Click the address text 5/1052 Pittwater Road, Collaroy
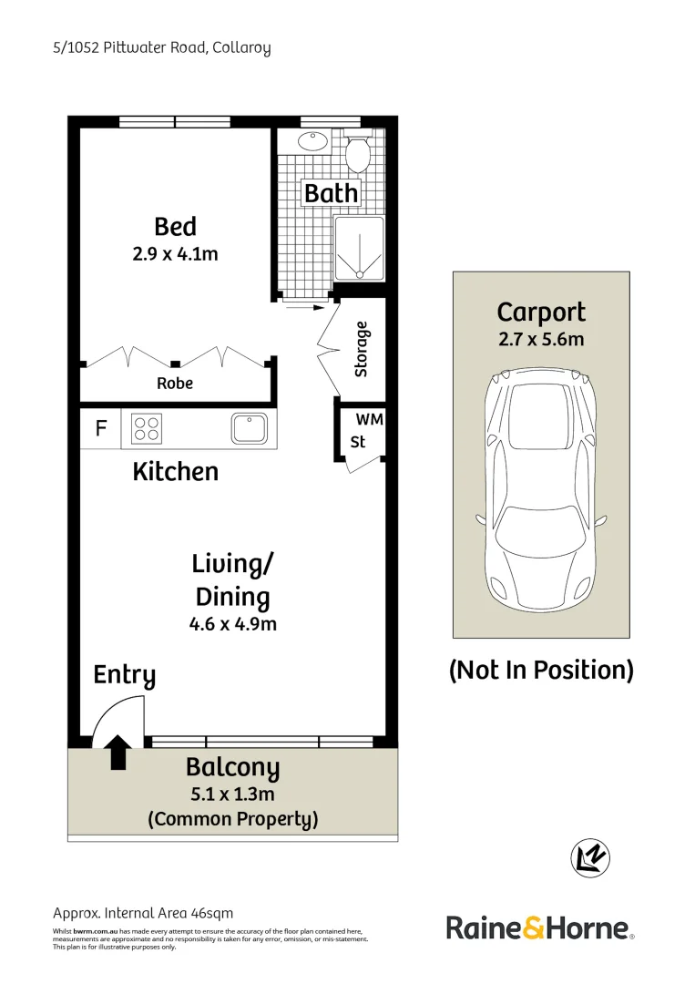tap(161, 47)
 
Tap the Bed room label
tap(175, 226)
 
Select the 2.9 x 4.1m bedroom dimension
tap(175, 254)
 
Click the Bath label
tap(331, 193)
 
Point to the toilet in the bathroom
tap(357, 152)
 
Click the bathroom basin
tap(313, 143)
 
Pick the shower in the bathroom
tap(360, 249)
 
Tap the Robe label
tap(175, 384)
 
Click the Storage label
tap(362, 349)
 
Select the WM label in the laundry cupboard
tap(369, 420)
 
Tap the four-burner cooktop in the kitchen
tap(146, 428)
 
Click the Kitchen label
tap(175, 471)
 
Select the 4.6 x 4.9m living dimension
tap(232, 624)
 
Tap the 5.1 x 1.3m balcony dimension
tap(232, 794)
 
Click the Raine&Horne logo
tap(539, 928)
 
